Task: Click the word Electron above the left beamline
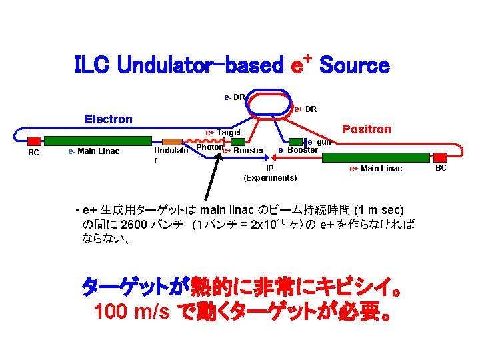click(x=109, y=119)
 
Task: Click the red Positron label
click(x=367, y=129)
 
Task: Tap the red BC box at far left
click(x=33, y=141)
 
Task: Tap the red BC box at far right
click(x=441, y=157)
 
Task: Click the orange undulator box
click(x=173, y=141)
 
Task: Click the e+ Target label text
click(x=223, y=133)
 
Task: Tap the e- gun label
click(x=319, y=141)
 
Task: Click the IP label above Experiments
click(x=270, y=169)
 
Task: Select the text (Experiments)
click(x=270, y=178)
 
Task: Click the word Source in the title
click(x=354, y=65)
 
